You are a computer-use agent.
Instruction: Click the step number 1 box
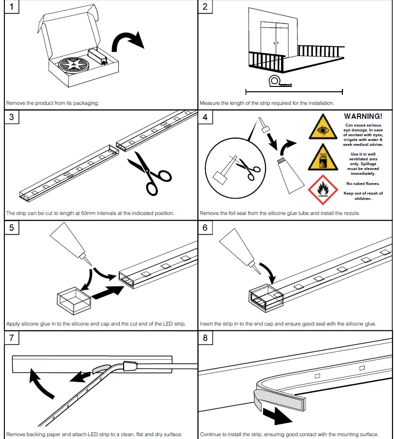tap(12, 7)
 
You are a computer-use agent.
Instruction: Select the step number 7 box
tap(12, 338)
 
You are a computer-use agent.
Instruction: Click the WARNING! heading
tap(363, 116)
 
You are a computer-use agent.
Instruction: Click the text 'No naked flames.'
tap(363, 184)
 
